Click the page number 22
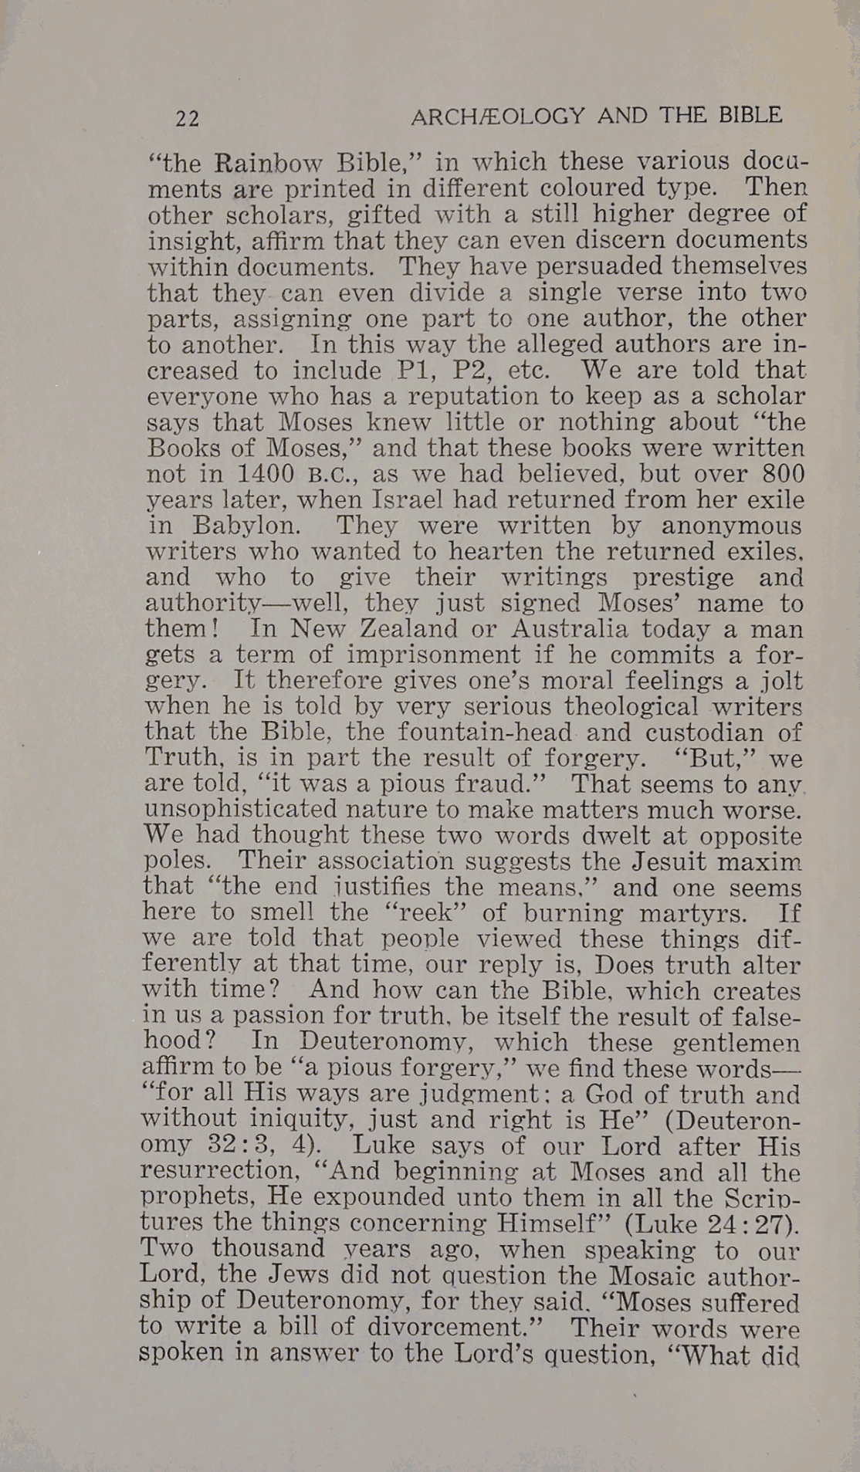pyautogui.click(x=187, y=119)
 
